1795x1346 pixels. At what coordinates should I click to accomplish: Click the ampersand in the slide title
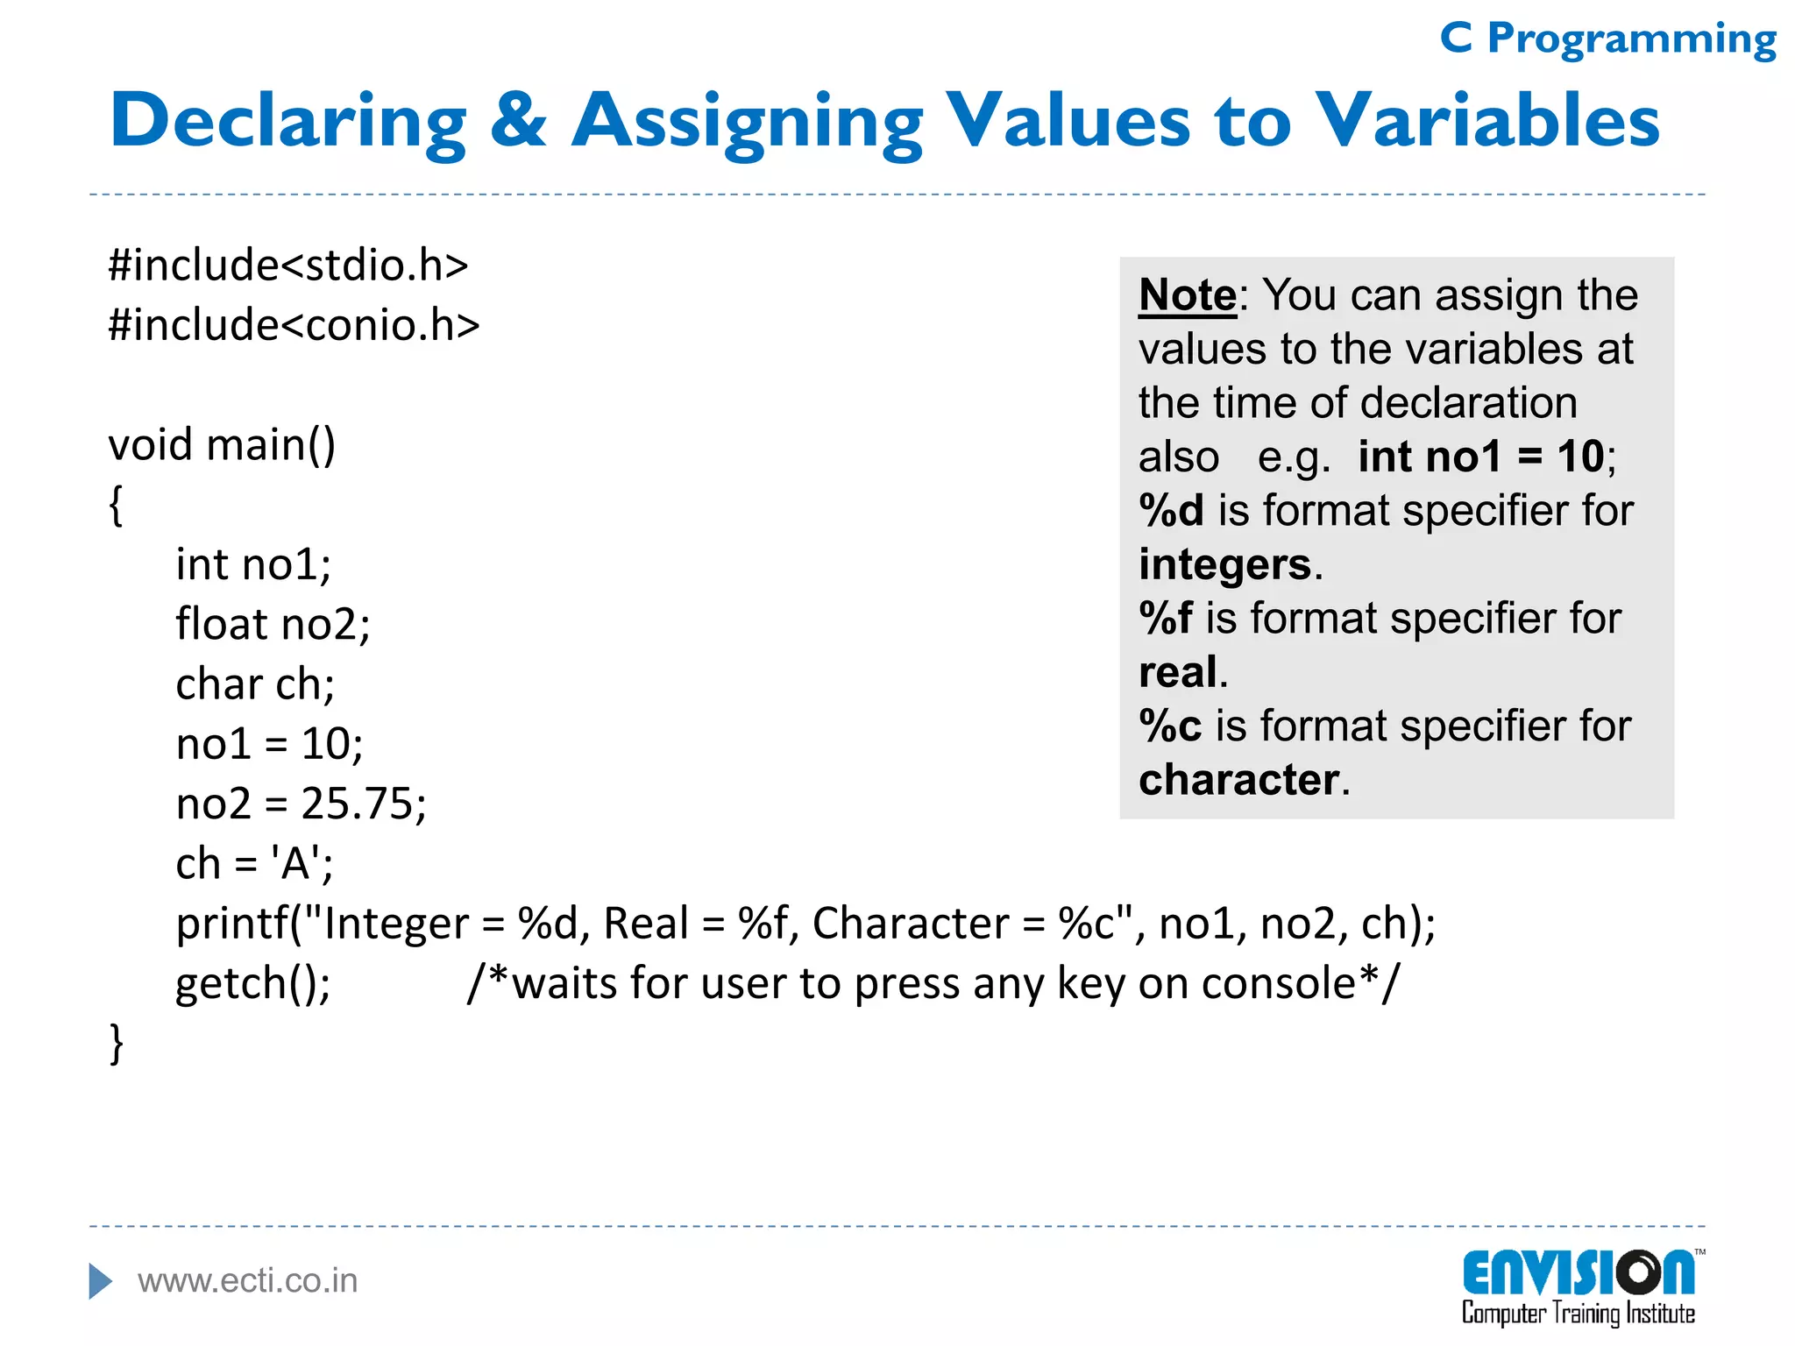518,121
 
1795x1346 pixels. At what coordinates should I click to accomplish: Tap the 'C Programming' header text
1607,39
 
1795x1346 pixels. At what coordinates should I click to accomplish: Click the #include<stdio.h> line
288,265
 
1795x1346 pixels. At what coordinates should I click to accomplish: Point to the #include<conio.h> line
294,325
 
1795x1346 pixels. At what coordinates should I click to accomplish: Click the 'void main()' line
222,445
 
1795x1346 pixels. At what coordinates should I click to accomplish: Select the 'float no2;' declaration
273,625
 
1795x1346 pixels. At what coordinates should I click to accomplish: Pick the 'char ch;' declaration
255,684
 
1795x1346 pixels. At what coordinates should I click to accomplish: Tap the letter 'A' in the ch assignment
295,864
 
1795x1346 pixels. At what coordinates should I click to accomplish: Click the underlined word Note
1187,295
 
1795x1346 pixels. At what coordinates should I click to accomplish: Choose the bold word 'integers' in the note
1224,565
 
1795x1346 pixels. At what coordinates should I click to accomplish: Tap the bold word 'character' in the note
1238,780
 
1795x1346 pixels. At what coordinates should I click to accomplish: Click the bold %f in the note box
1165,619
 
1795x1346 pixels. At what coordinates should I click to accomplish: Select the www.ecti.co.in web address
248,1281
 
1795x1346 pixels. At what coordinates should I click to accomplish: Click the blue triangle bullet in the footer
100,1281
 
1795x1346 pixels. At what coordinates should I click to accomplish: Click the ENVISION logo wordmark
1578,1273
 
